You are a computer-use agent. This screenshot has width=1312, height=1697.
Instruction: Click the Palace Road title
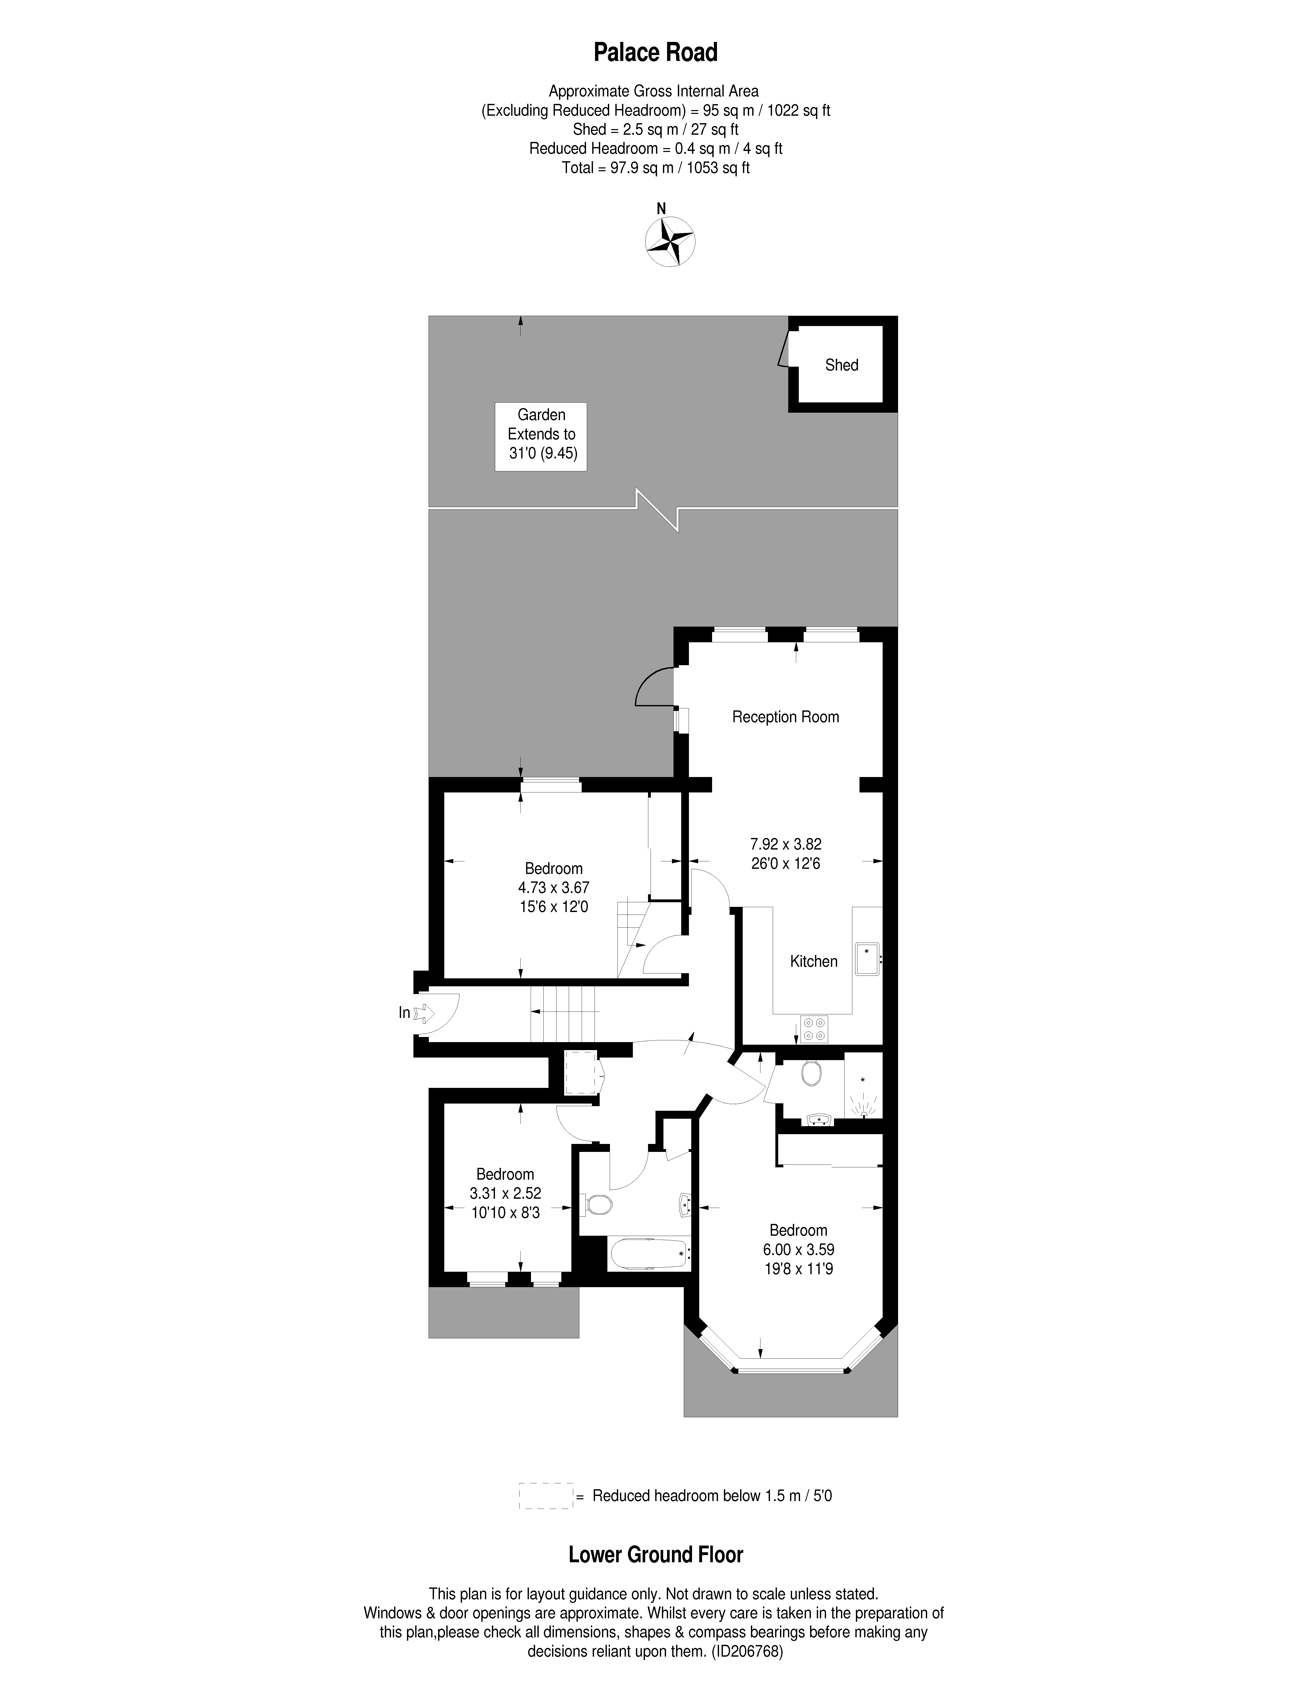pyautogui.click(x=655, y=53)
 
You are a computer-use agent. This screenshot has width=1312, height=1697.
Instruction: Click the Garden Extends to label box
pyautogui.click(x=541, y=436)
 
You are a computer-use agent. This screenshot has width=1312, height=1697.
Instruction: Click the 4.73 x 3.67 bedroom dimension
pyautogui.click(x=553, y=887)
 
